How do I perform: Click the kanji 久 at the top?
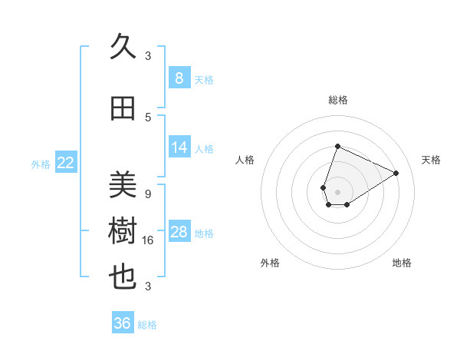[x=123, y=48]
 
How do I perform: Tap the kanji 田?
[x=123, y=109]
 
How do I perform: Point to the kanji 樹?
[x=123, y=231]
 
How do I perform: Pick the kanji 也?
[x=123, y=277]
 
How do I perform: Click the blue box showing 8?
[x=179, y=78]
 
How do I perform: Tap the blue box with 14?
[x=179, y=147]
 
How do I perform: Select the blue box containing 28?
[x=179, y=232]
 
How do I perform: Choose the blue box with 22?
[x=65, y=163]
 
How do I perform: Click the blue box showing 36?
[x=123, y=323]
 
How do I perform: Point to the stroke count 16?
[x=148, y=240]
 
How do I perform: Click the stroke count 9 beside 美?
[x=148, y=194]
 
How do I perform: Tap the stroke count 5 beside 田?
[x=148, y=117]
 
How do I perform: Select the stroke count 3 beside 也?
[x=148, y=286]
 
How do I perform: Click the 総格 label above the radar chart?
[x=337, y=100]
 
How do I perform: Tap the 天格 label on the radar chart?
[x=431, y=160]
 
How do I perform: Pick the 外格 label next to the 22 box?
[x=41, y=164]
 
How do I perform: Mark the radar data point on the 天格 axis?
[x=396, y=173]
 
